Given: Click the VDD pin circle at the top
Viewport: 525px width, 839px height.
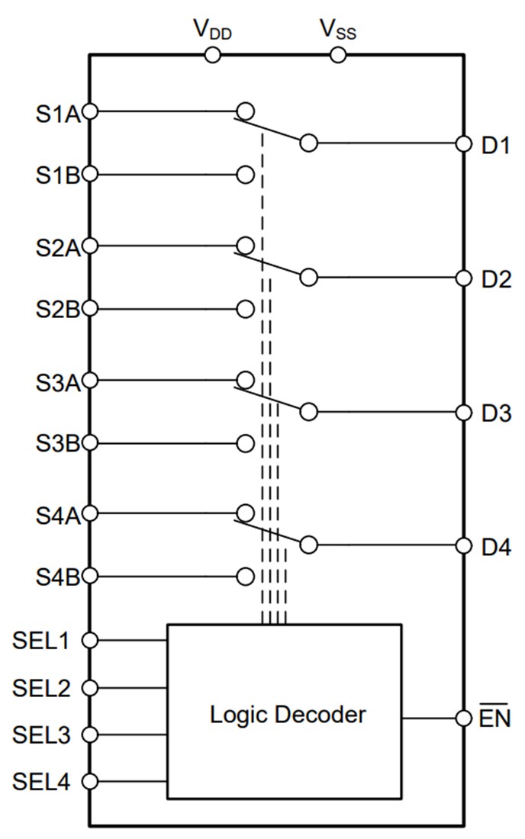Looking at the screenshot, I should pos(212,55).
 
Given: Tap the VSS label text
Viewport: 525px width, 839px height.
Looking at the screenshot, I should pos(337,31).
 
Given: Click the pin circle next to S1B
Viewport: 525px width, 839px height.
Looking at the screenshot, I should pos(90,175).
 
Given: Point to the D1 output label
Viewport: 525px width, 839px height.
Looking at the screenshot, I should pos(495,145).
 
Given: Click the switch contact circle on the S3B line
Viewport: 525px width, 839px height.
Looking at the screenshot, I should pos(246,443).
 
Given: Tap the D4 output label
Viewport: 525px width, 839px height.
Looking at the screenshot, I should pos(495,546).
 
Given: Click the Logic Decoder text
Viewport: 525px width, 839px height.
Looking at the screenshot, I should pos(288,715).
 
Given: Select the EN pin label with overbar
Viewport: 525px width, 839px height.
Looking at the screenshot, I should pos(495,718).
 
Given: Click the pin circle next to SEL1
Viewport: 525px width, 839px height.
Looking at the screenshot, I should pos(90,641).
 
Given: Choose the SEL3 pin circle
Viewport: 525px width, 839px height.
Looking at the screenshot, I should pos(90,735).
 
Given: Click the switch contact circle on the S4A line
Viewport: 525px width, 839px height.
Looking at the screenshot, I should pos(246,512).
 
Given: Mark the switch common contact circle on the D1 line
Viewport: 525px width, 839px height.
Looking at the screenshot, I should pos(308,143).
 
